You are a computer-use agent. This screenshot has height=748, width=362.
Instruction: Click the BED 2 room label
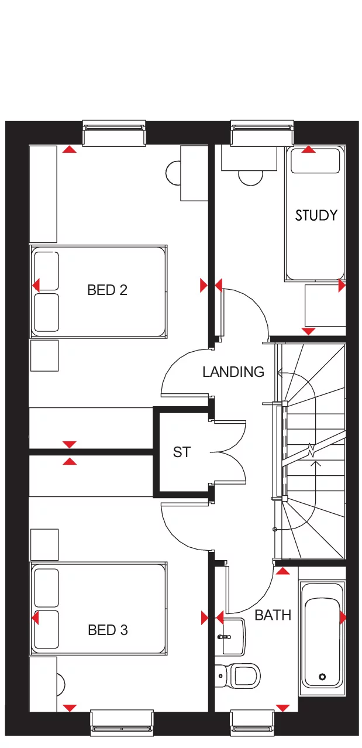[107, 290]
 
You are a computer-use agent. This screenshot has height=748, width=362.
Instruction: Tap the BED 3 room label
[108, 630]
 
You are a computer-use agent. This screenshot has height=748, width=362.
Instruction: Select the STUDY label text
[316, 215]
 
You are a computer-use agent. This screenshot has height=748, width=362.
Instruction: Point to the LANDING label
[233, 372]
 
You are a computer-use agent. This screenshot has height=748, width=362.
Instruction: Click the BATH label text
[273, 615]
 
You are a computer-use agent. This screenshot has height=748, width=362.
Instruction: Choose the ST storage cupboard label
[181, 452]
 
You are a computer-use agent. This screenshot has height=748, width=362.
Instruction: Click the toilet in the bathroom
[242, 675]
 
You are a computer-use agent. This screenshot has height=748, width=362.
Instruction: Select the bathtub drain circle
[322, 677]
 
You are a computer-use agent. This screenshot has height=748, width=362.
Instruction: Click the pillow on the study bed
[315, 161]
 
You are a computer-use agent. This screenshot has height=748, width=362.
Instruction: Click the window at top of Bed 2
[113, 132]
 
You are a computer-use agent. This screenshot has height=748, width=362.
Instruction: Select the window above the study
[262, 132]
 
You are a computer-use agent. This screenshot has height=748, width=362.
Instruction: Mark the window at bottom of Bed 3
[122, 723]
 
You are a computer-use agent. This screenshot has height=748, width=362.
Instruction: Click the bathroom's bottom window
[253, 723]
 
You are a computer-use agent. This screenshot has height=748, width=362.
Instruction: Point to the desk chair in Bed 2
[174, 172]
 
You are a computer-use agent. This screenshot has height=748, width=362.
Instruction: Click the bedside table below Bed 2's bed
[44, 355]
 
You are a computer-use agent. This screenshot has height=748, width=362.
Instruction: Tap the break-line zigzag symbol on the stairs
[312, 451]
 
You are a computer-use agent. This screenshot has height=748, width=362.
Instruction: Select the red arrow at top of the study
[308, 150]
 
